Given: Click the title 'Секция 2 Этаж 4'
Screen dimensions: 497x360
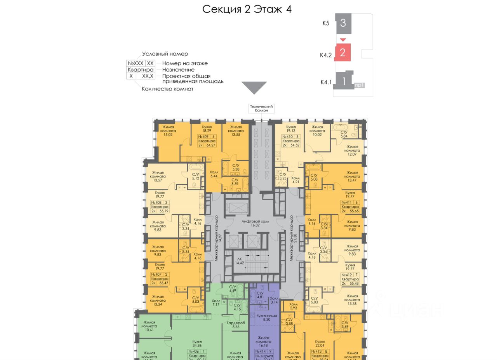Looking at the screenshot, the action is tap(247, 9).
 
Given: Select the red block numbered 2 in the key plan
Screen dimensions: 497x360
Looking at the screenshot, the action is tap(342, 52).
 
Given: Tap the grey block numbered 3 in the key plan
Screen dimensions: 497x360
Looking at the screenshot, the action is tap(343, 23).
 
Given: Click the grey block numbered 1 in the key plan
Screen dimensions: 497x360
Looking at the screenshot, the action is tap(343, 81).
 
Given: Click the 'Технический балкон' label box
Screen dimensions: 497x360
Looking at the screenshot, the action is tap(262, 108).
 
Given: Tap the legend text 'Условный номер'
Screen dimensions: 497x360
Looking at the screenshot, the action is tap(165, 54).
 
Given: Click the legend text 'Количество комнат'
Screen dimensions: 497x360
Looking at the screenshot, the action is tap(167, 89).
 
